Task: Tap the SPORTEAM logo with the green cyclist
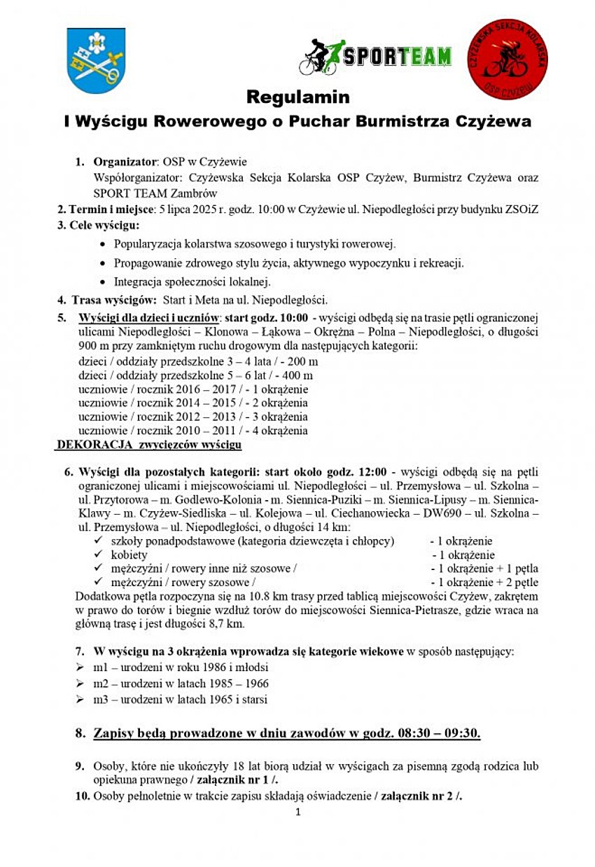point(375,57)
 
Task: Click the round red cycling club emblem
point(507,60)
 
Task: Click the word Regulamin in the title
point(297,96)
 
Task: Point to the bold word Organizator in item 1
point(123,162)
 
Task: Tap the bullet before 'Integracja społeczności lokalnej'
point(104,282)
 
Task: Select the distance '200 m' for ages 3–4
point(303,361)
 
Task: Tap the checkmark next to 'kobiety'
point(97,555)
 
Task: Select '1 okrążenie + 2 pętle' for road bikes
point(488,582)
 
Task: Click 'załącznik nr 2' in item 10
point(416,796)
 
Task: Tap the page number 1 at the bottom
point(297,812)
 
